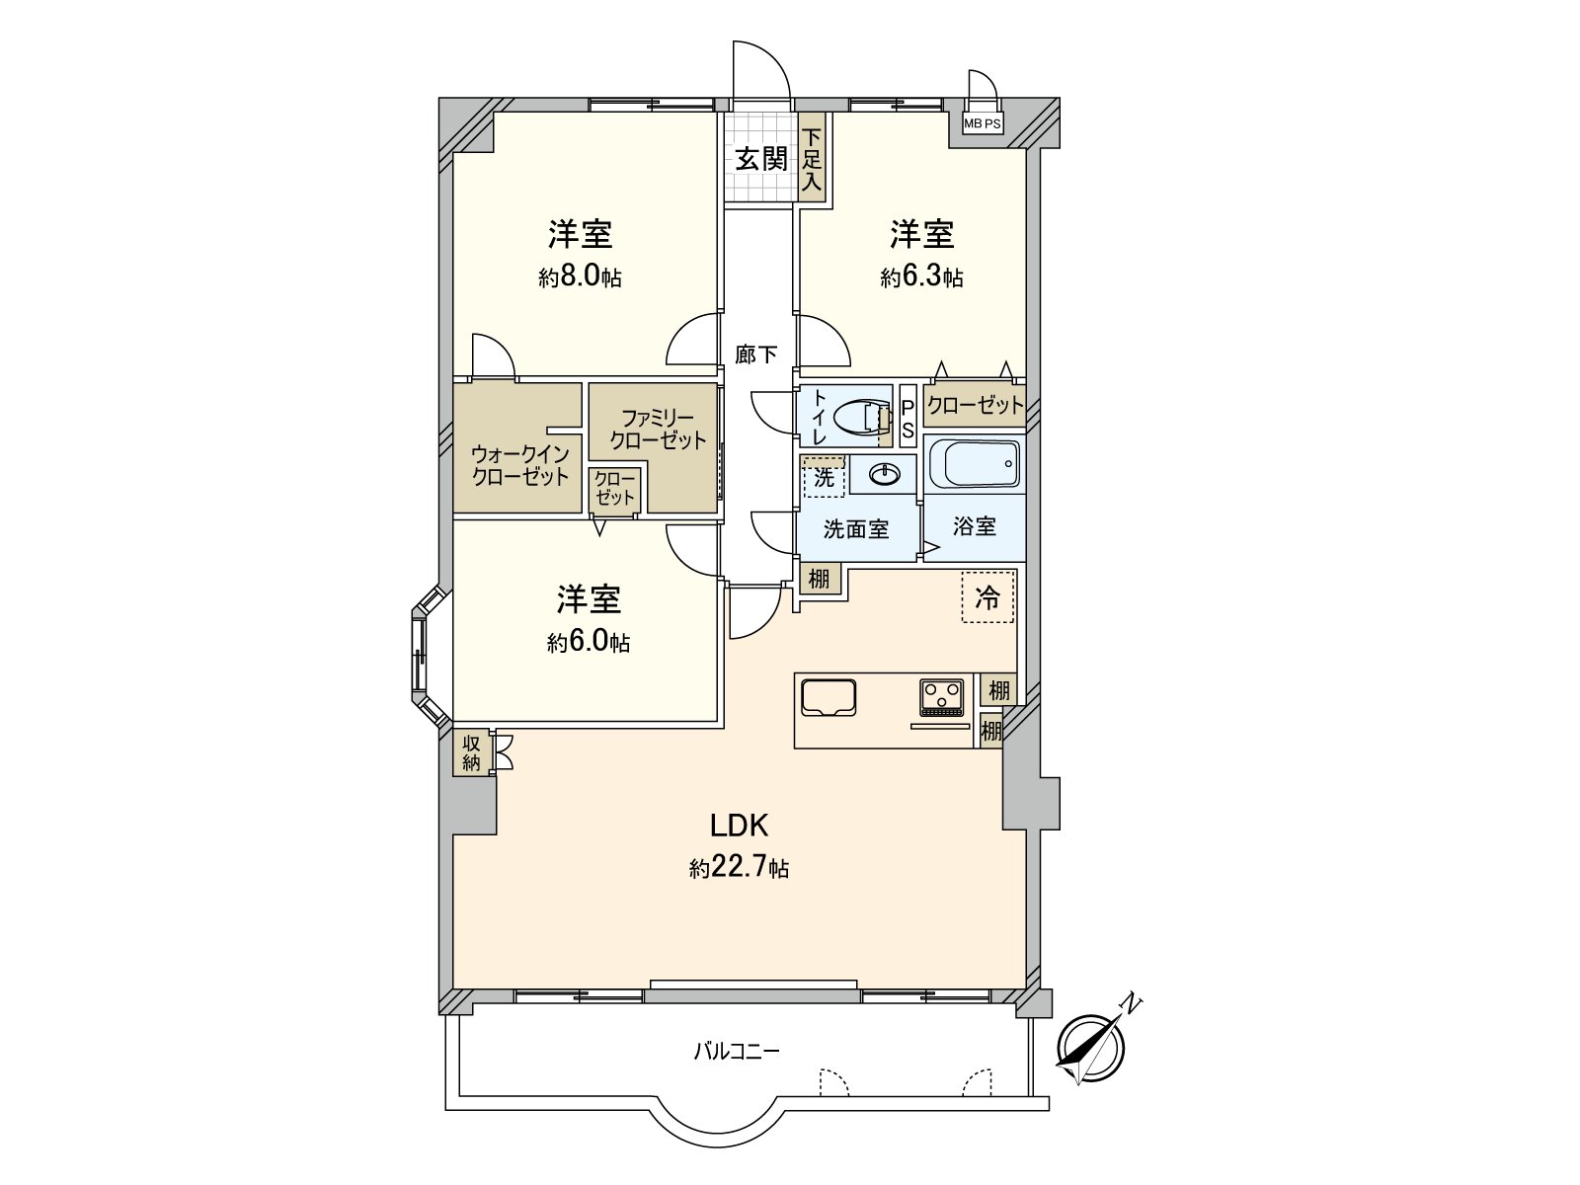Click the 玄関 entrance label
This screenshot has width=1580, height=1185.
pyautogui.click(x=760, y=159)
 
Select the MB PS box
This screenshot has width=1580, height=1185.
pyautogui.click(x=982, y=123)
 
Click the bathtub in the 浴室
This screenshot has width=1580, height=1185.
pyautogui.click(x=975, y=464)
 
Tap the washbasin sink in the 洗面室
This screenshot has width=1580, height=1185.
pyautogui.click(x=885, y=474)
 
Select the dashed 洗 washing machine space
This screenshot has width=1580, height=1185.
pyautogui.click(x=824, y=476)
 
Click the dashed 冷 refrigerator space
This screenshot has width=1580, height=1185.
pyautogui.click(x=987, y=596)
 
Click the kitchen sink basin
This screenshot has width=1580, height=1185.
pyautogui.click(x=828, y=697)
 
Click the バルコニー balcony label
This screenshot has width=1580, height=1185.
pyautogui.click(x=737, y=1051)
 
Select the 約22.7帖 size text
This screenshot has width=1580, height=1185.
pyautogui.click(x=739, y=868)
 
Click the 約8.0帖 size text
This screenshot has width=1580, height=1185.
pyautogui.click(x=581, y=276)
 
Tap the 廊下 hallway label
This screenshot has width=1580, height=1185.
pyautogui.click(x=755, y=354)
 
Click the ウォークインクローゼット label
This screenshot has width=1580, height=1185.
pyautogui.click(x=519, y=465)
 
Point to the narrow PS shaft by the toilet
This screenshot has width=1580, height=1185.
pyautogui.click(x=908, y=418)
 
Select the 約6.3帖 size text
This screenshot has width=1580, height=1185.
pyautogui.click(x=922, y=276)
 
